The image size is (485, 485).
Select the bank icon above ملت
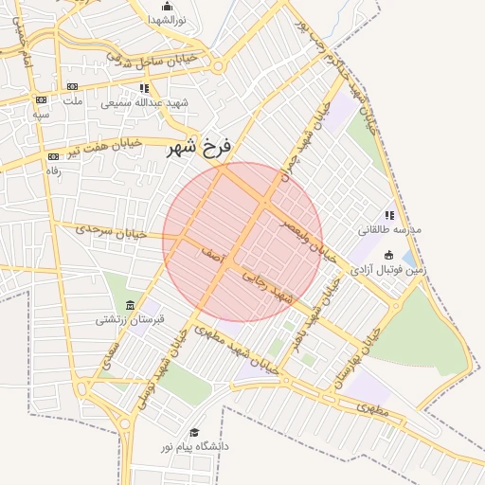pos(71,86)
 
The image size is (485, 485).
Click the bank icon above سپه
pos(41,99)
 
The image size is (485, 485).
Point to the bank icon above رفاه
pos(53,156)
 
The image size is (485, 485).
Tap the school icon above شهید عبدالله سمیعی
pos(144,88)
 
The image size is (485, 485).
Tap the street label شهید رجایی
pos(269,288)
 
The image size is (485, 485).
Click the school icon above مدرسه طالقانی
pos(389,215)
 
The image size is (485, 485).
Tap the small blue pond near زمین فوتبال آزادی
pos(408,257)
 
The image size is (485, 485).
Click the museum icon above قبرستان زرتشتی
pos(130,305)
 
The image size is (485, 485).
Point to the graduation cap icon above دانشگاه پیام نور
pos(194,432)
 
